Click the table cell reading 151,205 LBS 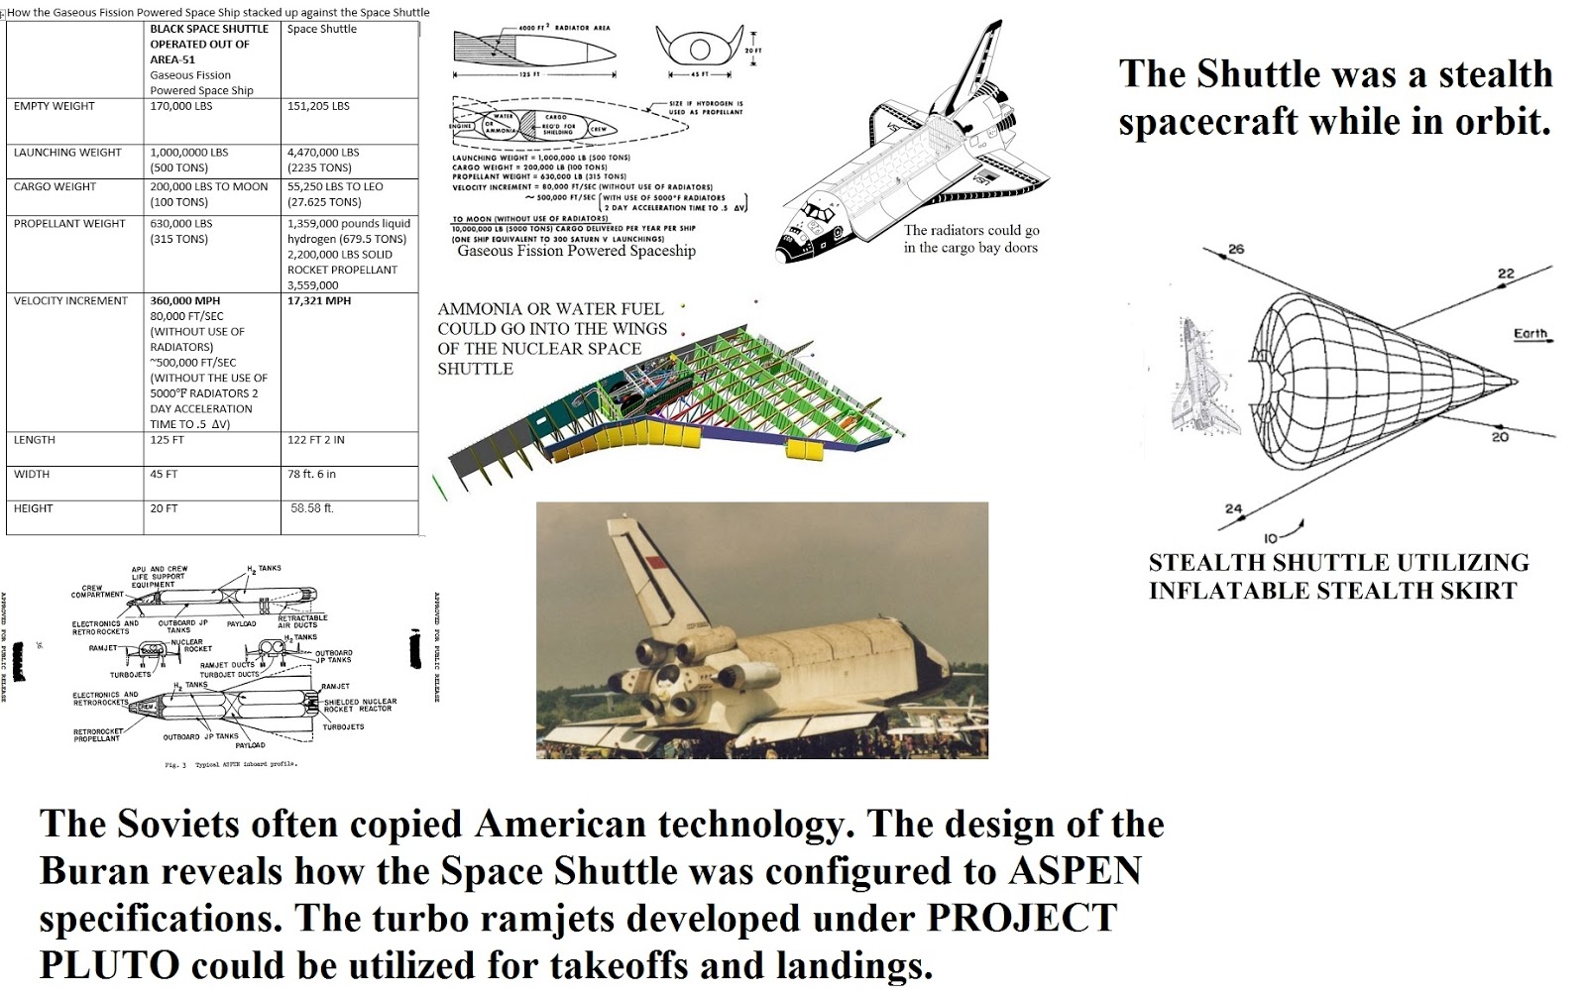pos(318,106)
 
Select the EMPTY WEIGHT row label pos(55,106)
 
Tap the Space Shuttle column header pos(321,29)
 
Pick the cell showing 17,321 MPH pos(319,300)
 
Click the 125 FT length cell pos(168,439)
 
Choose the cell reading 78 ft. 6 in pos(312,474)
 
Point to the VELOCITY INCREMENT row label pos(70,300)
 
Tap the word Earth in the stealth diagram pos(1529,334)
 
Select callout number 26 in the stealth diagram pos(1236,249)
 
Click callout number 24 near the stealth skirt pos(1233,509)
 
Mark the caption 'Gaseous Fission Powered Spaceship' pos(576,252)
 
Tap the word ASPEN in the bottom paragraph pos(1075,870)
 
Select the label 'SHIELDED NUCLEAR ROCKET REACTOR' pos(360,705)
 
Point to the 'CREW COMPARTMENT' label pos(97,592)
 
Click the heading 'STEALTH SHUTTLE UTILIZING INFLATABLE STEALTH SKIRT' pos(1337,577)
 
